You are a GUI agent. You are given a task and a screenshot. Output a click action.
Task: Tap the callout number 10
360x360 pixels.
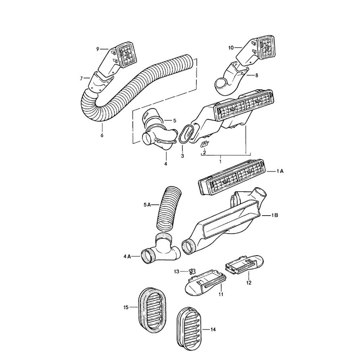tap(231, 47)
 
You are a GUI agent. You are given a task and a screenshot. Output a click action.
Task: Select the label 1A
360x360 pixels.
tap(280, 172)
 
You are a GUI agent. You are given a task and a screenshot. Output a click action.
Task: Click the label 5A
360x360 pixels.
tap(147, 204)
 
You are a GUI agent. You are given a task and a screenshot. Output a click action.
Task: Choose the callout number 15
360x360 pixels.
tap(126, 307)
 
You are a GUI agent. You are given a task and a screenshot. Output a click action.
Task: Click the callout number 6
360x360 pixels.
tap(102, 136)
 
